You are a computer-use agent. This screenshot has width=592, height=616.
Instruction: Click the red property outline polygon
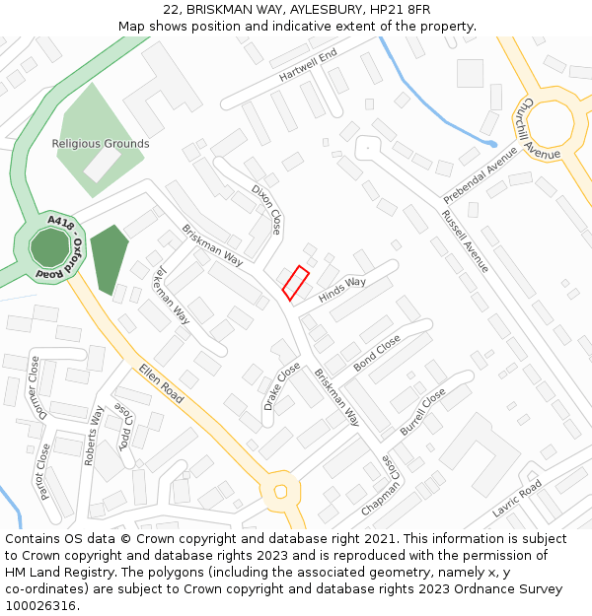[296, 283]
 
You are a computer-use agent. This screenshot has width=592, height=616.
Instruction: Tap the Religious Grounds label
[101, 144]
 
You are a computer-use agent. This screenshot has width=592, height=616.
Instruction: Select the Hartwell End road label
[308, 64]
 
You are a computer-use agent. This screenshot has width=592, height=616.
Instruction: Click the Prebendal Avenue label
[481, 174]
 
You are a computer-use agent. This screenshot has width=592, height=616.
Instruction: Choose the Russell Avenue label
[465, 241]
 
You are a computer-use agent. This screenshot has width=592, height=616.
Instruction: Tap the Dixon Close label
[266, 209]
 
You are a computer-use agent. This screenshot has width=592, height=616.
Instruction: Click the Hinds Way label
[342, 290]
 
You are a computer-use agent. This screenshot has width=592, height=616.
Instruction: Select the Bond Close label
[377, 352]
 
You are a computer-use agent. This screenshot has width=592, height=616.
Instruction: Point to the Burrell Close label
[422, 412]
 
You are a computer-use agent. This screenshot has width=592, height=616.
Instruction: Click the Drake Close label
[282, 385]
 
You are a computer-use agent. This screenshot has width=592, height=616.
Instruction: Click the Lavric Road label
[517, 499]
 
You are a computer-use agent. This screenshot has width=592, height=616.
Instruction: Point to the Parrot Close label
[44, 471]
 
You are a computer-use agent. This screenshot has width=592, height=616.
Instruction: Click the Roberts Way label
[95, 435]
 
